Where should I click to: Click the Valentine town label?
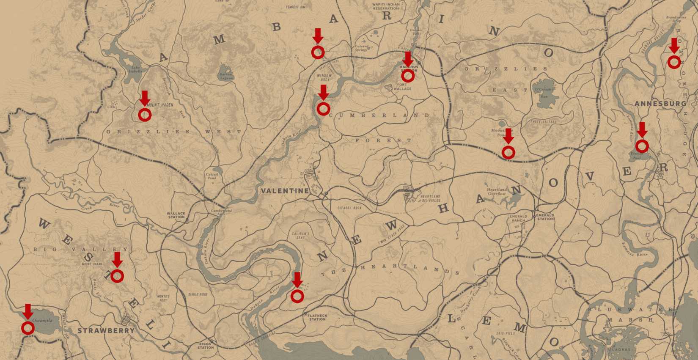[285, 191]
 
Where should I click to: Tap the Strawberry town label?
[106, 330]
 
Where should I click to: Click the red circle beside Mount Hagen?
[145, 115]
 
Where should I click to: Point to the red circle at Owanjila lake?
[28, 328]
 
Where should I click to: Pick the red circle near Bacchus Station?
[407, 76]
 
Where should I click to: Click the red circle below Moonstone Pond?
[508, 152]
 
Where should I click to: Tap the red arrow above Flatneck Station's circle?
[297, 279]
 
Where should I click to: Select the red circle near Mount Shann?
[117, 276]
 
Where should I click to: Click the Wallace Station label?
[176, 215]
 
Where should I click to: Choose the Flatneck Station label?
[317, 317]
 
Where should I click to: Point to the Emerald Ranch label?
[518, 218]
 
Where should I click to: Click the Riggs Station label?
[206, 346]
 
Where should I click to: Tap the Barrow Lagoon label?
[226, 76]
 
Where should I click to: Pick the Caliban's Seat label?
[301, 235]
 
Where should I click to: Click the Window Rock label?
[324, 77]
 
